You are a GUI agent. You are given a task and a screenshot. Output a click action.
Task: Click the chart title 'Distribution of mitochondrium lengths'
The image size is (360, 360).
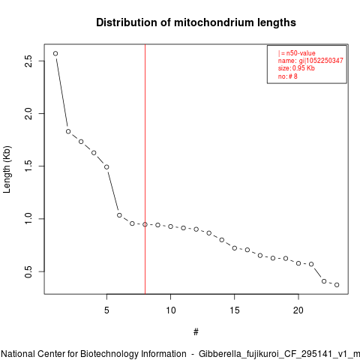(x=196, y=22)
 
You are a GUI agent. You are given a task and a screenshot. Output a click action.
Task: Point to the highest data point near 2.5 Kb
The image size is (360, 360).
(x=55, y=53)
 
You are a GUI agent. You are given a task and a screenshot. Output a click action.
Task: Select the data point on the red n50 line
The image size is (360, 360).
(x=145, y=224)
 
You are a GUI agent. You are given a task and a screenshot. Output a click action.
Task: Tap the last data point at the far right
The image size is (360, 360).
(x=337, y=285)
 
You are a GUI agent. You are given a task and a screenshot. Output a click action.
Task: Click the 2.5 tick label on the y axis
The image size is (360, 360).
(x=28, y=61)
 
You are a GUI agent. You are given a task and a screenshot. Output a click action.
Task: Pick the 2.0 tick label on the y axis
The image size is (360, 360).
(x=28, y=113)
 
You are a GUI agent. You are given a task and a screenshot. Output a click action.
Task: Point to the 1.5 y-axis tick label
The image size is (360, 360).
(x=28, y=166)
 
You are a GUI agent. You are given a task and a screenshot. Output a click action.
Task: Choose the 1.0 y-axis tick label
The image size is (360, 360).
(x=28, y=219)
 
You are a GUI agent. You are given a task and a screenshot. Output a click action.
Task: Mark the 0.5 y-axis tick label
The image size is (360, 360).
(x=28, y=271)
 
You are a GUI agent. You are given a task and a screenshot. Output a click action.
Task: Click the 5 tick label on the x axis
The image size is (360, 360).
(x=106, y=310)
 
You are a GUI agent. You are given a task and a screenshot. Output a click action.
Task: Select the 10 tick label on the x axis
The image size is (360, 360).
(x=171, y=310)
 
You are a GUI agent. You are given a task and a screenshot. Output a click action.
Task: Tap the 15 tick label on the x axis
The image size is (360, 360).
(x=235, y=310)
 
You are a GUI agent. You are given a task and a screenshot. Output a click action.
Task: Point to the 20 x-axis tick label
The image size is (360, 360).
(x=298, y=310)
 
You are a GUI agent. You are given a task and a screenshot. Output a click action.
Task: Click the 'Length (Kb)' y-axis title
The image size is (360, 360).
(x=7, y=169)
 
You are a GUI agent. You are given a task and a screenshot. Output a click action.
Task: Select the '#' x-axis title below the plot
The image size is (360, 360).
(x=196, y=332)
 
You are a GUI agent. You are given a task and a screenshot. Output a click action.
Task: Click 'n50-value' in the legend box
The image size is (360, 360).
(x=301, y=53)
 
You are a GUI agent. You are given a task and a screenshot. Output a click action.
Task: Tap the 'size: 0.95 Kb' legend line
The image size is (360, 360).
(x=296, y=68)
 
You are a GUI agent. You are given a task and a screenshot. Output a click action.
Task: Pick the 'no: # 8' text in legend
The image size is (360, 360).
(x=288, y=76)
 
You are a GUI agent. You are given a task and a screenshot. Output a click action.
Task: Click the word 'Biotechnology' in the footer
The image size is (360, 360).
(x=109, y=354)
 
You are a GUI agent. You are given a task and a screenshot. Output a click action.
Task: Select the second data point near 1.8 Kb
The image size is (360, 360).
(x=68, y=131)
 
